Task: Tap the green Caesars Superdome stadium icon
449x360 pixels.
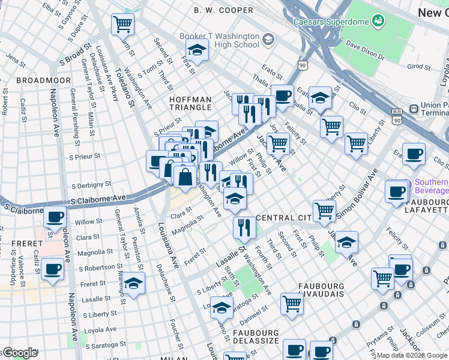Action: (x=379, y=22)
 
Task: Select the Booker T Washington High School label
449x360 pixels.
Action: (x=220, y=40)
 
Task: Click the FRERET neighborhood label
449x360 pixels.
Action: (x=23, y=243)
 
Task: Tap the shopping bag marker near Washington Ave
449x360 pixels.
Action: (x=185, y=176)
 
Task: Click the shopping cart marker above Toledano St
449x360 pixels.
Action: (x=122, y=25)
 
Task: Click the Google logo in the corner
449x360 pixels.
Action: (x=20, y=353)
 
